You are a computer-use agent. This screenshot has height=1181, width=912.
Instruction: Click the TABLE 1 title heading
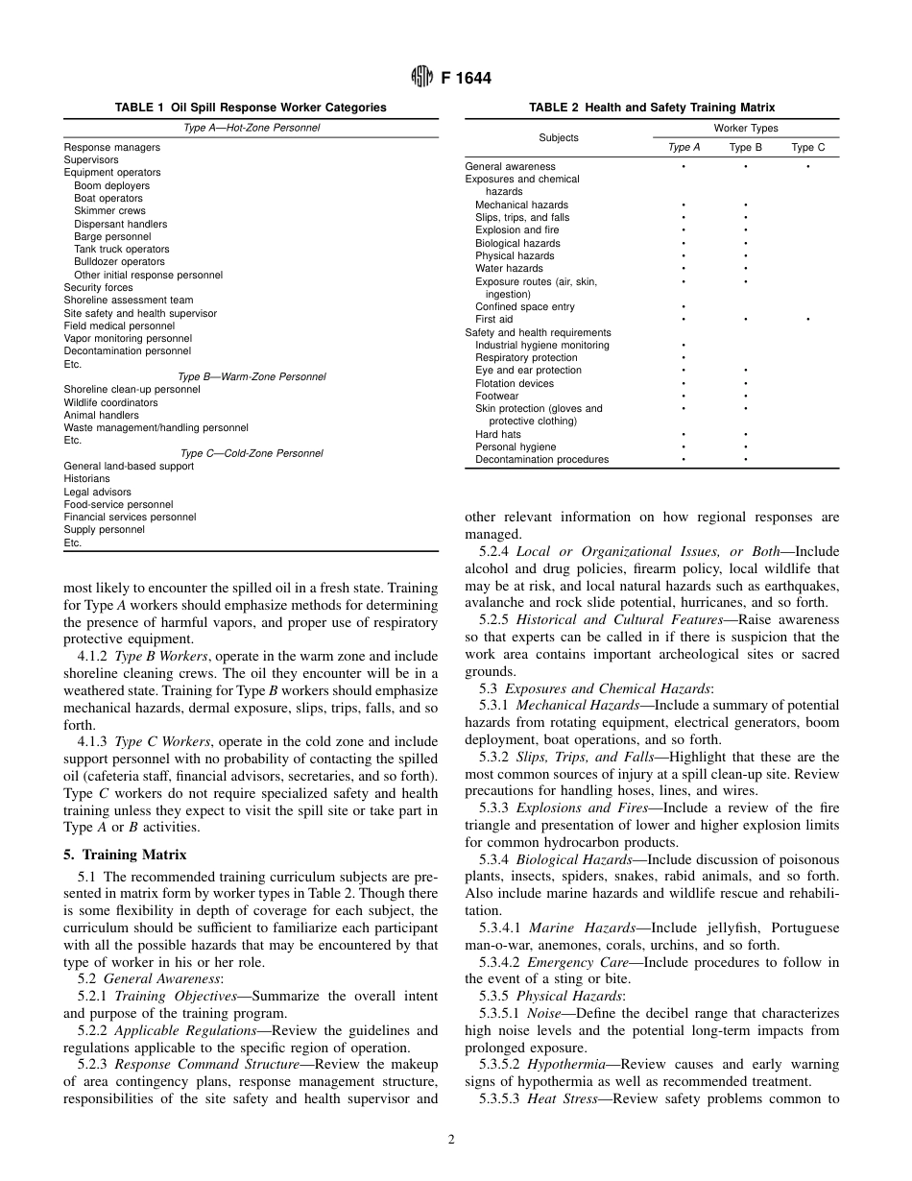click(251, 108)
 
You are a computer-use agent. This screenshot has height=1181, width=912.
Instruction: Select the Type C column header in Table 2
click(807, 147)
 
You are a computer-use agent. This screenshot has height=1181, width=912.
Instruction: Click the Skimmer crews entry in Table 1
click(109, 211)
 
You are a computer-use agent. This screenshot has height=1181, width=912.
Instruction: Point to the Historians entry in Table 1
click(86, 478)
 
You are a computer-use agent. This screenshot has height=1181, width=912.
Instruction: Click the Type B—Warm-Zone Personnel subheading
click(252, 376)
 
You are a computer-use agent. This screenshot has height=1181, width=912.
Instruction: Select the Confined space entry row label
click(524, 306)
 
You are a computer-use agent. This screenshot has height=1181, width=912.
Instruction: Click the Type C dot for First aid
click(807, 320)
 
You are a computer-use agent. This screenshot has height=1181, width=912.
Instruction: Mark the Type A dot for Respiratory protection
click(684, 358)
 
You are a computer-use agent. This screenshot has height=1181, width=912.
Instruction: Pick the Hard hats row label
click(498, 434)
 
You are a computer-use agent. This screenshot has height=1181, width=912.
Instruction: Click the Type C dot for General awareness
click(807, 167)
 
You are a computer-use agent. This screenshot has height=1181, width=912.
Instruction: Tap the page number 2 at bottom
click(451, 1140)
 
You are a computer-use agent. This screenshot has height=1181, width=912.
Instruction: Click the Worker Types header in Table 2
click(745, 128)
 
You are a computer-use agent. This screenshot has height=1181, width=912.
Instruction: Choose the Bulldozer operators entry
click(119, 262)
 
